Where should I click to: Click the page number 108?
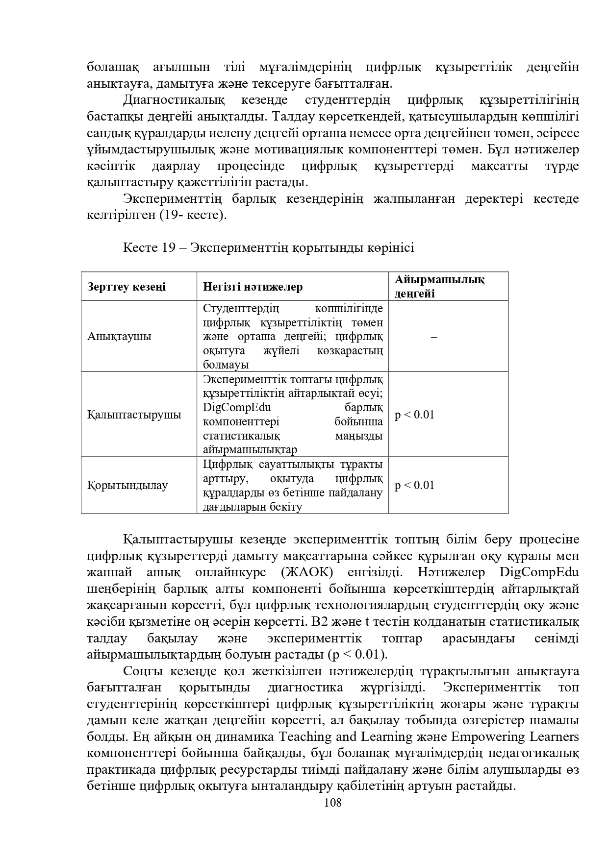pyautogui.click(x=333, y=803)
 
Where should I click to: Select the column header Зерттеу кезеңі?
pyautogui.click(x=127, y=287)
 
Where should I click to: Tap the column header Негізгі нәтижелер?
pyautogui.click(x=253, y=287)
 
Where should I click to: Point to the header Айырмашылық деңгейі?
pyautogui.click(x=439, y=287)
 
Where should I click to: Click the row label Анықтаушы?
pyautogui.click(x=119, y=337)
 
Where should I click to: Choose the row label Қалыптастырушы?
pyautogui.click(x=134, y=415)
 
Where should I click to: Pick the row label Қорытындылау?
pyautogui.click(x=127, y=486)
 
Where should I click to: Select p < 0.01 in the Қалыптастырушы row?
pyautogui.click(x=414, y=415)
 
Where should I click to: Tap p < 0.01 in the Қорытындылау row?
pyautogui.click(x=414, y=486)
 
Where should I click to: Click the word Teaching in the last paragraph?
pyautogui.click(x=304, y=737)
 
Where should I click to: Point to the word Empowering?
pyautogui.click(x=483, y=737)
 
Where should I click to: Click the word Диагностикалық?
pyautogui.click(x=174, y=100)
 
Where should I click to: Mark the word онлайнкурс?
pyautogui.click(x=230, y=572)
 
